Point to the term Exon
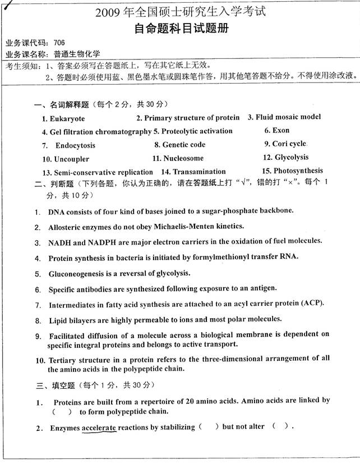pos(281,130)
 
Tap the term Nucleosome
pos(183,158)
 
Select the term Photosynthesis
pos(298,171)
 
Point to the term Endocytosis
pos(75,145)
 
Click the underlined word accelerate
pos(99,428)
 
